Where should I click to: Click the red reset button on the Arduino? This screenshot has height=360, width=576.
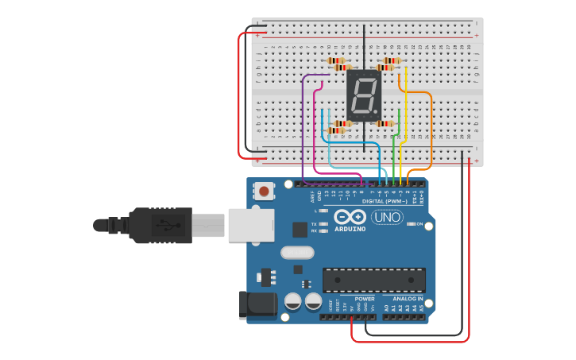[x=264, y=191]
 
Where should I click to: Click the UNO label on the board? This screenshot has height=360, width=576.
[x=387, y=217]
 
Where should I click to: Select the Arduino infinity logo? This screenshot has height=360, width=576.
[x=350, y=217]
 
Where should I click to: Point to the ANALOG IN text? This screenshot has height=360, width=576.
[x=408, y=299]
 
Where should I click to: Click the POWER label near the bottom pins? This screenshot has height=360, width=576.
[x=365, y=299]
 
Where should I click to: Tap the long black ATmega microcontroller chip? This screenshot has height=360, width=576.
[x=373, y=280]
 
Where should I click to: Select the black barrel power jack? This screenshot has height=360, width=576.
[x=257, y=305]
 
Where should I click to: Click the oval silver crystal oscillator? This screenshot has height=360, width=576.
[x=297, y=253]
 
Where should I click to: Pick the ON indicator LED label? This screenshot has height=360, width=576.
[x=419, y=224]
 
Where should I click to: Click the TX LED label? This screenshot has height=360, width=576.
[x=315, y=224]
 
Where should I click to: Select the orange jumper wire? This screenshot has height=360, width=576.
[x=431, y=127]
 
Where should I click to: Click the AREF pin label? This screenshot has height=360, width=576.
[x=312, y=195]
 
